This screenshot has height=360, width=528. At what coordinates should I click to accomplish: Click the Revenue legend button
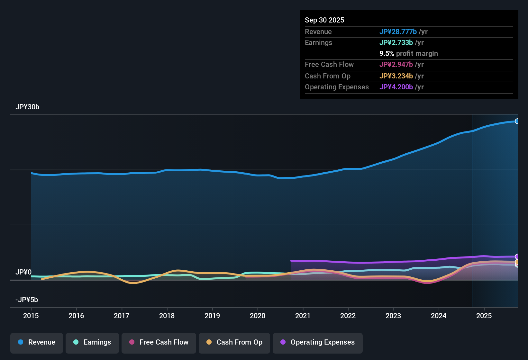[x=37, y=342]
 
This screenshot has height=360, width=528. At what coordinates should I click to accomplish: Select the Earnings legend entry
[x=92, y=342]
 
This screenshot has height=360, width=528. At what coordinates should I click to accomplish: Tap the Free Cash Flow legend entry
[x=159, y=342]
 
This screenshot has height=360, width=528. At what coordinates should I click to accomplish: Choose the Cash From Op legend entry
[x=234, y=342]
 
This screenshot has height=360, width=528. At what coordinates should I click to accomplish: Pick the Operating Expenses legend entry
[x=318, y=342]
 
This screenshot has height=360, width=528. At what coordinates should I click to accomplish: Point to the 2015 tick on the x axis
[x=31, y=316]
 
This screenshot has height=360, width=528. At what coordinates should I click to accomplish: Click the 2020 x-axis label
[x=258, y=316]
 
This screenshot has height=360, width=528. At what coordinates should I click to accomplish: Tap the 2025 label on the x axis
[x=484, y=316]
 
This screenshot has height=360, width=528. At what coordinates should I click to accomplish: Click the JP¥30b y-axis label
[x=27, y=107]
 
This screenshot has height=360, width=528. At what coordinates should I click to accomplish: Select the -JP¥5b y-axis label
[x=27, y=300]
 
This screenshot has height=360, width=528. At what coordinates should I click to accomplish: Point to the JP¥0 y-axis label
[x=23, y=272]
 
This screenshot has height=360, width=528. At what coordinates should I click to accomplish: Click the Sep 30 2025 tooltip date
[x=324, y=20]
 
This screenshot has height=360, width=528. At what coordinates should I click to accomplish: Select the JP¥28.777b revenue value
[x=398, y=32]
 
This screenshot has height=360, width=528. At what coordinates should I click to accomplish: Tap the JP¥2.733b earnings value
[x=396, y=43]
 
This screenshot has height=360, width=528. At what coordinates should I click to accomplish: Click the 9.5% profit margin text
[x=409, y=54]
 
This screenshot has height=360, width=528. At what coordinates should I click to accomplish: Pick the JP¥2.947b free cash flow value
[x=396, y=65]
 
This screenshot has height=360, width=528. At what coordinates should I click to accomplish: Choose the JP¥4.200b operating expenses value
[x=396, y=87]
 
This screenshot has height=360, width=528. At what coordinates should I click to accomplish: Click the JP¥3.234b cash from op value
[x=396, y=76]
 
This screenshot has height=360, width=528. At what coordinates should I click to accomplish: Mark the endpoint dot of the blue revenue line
[x=517, y=121]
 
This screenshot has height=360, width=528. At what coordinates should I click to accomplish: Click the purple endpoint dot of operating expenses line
[x=517, y=256]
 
